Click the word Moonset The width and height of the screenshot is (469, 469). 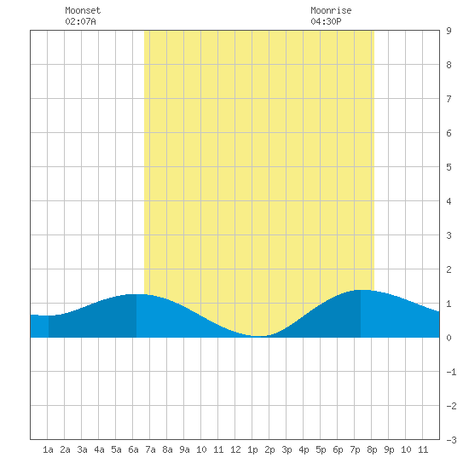click(x=83, y=10)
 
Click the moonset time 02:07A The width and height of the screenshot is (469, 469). click(x=80, y=21)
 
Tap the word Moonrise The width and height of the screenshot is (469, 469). click(x=331, y=10)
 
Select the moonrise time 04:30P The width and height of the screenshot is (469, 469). click(x=326, y=21)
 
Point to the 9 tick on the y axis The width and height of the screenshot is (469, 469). click(x=449, y=31)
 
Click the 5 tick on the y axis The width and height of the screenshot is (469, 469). click(x=449, y=167)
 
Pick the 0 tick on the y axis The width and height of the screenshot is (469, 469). click(x=449, y=338)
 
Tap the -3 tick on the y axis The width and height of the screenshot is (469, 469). click(x=451, y=440)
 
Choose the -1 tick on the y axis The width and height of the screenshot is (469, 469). click(x=451, y=372)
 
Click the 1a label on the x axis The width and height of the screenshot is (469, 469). click(x=48, y=449)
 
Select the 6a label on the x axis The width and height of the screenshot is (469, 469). click(x=133, y=449)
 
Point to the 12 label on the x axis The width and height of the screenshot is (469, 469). click(x=235, y=449)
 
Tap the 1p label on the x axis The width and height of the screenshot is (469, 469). click(x=252, y=449)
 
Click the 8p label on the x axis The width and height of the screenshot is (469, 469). click(x=372, y=449)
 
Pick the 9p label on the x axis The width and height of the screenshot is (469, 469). click(x=389, y=449)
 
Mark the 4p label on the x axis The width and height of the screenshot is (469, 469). click(x=304, y=449)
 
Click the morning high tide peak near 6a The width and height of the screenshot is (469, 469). click(x=136, y=295)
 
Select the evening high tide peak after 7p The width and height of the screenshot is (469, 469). click(x=361, y=290)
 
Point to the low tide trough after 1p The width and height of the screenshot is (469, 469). click(x=258, y=336)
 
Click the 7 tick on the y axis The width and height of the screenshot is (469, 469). click(x=449, y=99)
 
